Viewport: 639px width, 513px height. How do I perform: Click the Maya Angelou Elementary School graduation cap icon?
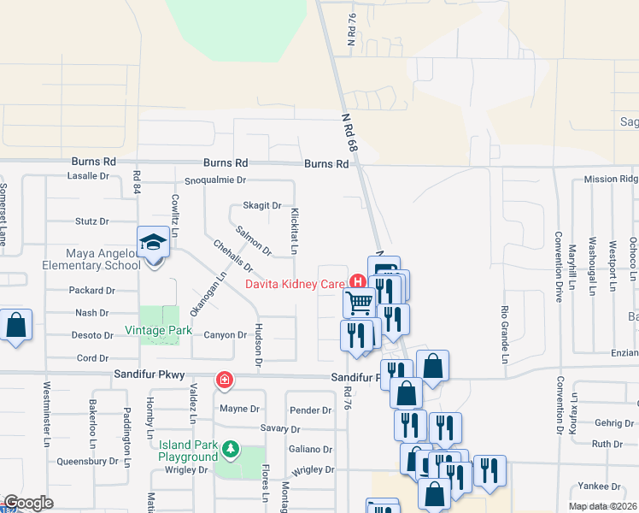point(154,242)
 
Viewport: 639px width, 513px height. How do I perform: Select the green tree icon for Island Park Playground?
point(229,448)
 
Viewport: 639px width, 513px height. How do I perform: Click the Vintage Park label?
point(157,330)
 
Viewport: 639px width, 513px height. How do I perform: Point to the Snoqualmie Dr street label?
point(215,180)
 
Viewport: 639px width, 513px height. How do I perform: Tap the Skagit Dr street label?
point(261,205)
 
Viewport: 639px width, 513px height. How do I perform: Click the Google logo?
point(28,503)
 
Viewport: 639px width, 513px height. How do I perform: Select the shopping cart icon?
point(360,302)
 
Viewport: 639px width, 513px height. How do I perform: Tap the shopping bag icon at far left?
point(15,326)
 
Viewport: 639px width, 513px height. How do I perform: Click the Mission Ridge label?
point(611,180)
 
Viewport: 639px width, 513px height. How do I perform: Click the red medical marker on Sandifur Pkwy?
point(224,379)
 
